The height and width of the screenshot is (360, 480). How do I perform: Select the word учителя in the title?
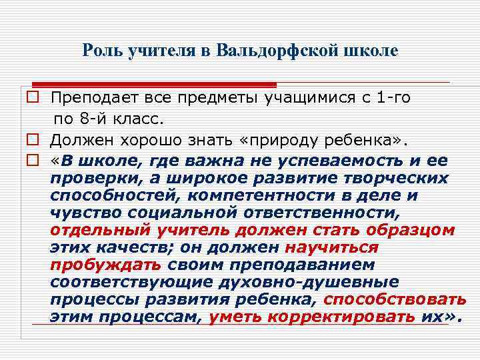156,51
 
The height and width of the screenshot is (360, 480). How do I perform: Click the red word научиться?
331,248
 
